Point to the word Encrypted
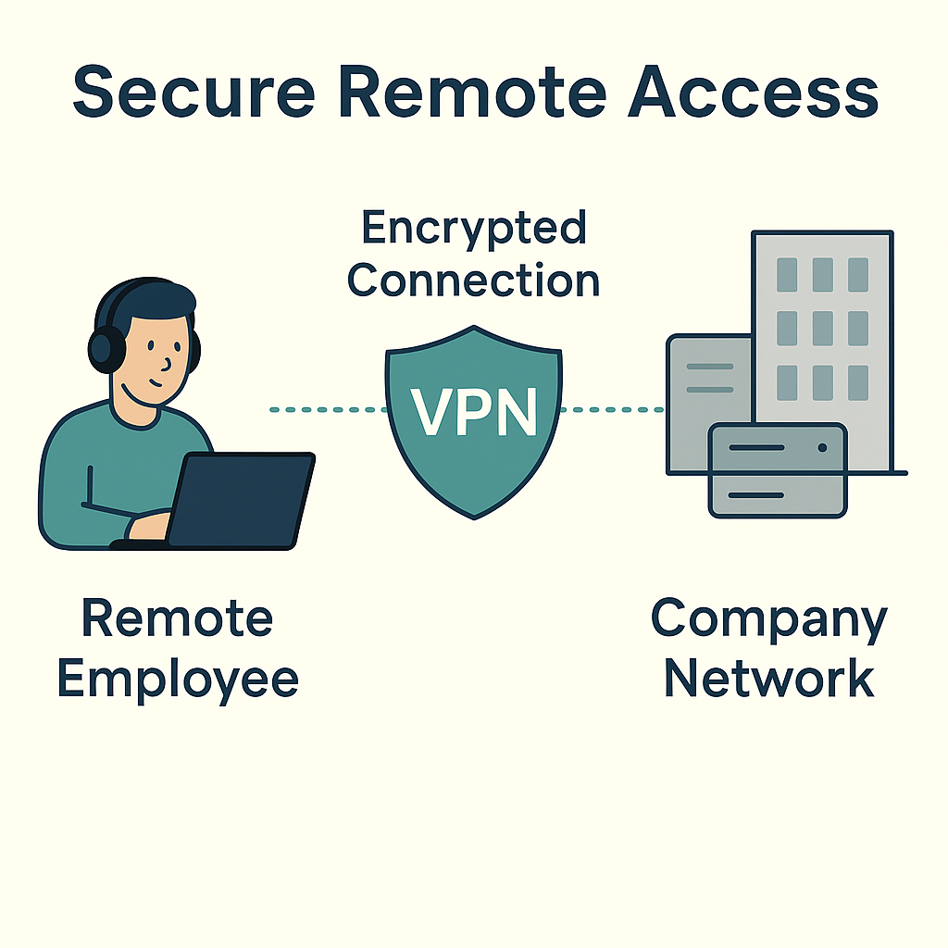473,229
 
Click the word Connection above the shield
473,280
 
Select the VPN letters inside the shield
474,412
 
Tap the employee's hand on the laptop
148,526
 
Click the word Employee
178,679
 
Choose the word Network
768,679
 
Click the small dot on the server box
822,448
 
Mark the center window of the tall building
822,328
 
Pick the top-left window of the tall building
787,275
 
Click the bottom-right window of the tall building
858,381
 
